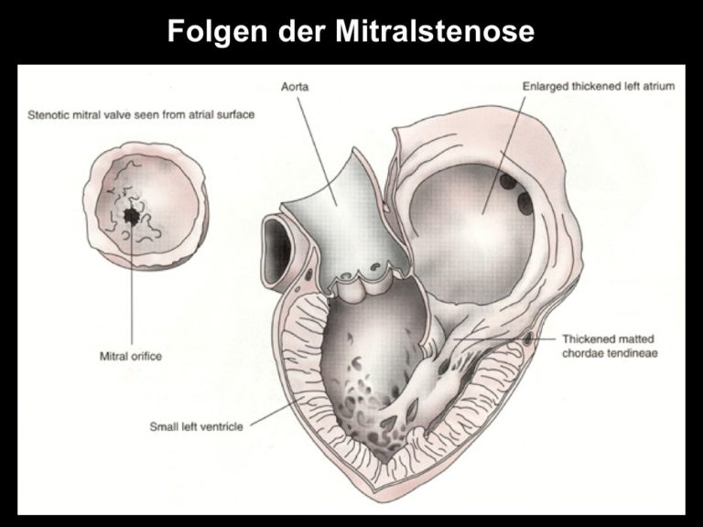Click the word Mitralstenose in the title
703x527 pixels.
(435, 30)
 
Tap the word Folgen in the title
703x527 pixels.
(218, 31)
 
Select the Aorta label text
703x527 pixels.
(295, 87)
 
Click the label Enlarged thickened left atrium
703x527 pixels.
(599, 86)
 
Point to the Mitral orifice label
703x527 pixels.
(131, 356)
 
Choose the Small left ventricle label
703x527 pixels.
(197, 426)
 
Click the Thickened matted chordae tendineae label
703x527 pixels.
(610, 346)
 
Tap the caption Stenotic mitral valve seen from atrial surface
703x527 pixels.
(141, 114)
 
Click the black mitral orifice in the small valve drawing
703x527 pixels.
(132, 217)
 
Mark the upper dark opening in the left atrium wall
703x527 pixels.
(508, 181)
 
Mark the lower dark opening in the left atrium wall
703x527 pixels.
(524, 201)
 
